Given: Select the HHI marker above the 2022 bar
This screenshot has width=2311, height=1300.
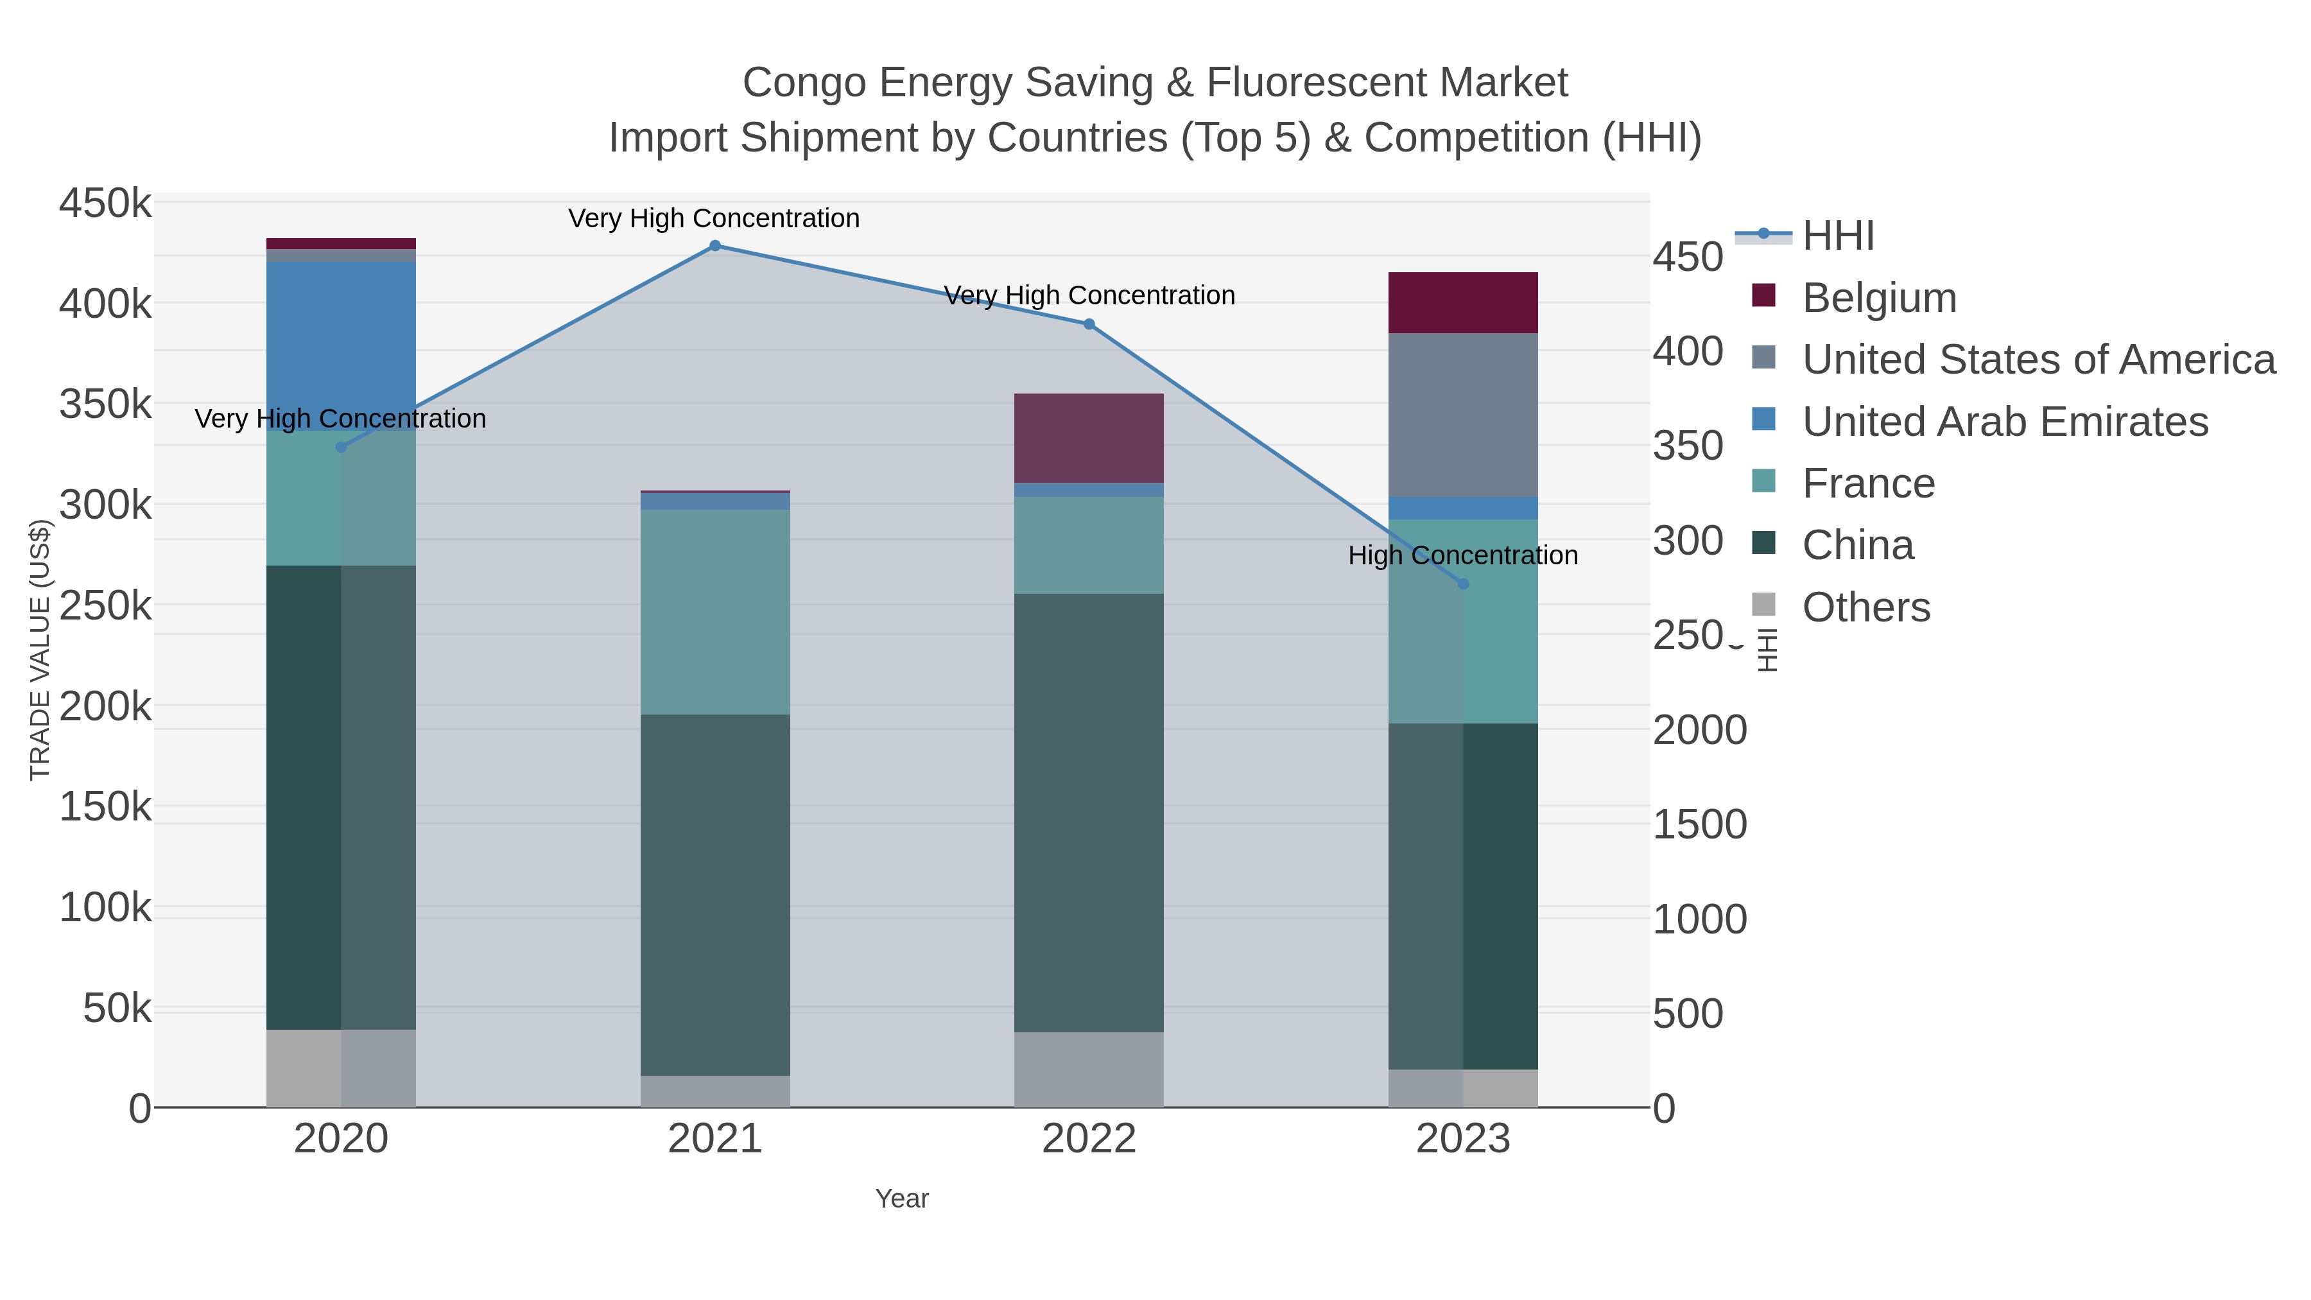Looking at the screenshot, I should coord(1089,324).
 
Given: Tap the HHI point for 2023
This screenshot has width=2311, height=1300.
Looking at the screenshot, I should coord(1462,584).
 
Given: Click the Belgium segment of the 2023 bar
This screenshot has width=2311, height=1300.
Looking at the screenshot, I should coord(1462,302).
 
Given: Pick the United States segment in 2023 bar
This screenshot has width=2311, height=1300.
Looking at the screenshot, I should coord(1462,415).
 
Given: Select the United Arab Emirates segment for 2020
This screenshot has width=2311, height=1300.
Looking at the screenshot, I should coord(341,345).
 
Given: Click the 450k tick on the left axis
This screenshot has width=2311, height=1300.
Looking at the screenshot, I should coord(105,204).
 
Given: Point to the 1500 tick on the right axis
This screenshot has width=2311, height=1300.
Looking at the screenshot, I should coord(1699,824).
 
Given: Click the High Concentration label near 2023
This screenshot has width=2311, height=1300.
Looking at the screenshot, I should coord(1462,555).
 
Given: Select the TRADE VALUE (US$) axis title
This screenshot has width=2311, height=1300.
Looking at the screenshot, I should coord(40,650).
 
